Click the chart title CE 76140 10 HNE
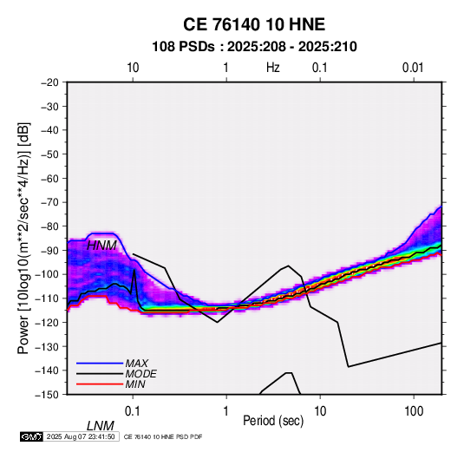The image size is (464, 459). [x=254, y=24]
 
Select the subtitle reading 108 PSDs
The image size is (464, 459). [x=183, y=47]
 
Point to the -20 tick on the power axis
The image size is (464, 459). [x=49, y=82]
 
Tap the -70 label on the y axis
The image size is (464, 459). [x=49, y=202]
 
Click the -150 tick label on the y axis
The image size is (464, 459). [x=48, y=395]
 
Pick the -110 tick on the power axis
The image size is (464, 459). [x=48, y=298]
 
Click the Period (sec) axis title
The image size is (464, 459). [x=273, y=421]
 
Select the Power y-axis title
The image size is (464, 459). [x=23, y=239]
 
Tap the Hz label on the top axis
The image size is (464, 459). [x=273, y=68]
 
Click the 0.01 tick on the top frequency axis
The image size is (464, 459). [x=413, y=68]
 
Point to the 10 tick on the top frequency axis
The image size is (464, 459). [x=133, y=68]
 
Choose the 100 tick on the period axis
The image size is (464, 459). [x=414, y=411]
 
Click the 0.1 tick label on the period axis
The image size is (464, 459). [x=133, y=411]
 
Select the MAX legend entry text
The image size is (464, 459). [x=137, y=363]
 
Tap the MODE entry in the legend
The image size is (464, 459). [x=141, y=374]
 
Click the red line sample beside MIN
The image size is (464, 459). [x=100, y=384]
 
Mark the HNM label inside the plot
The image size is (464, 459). [x=101, y=246]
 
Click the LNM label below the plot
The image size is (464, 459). [x=101, y=426]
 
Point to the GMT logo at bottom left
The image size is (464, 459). [x=32, y=436]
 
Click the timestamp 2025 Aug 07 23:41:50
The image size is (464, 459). [x=81, y=436]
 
